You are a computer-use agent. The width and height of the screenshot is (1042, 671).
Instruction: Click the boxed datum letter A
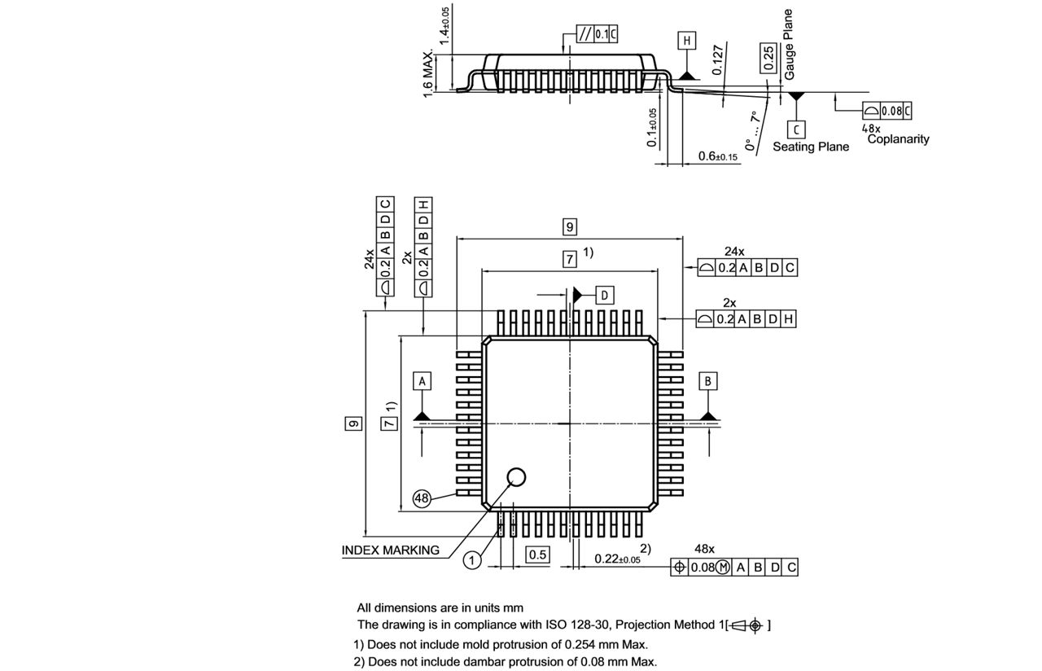point(422,381)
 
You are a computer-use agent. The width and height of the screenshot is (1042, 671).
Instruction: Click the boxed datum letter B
point(708,381)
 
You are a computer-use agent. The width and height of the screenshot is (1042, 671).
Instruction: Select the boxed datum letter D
point(604,295)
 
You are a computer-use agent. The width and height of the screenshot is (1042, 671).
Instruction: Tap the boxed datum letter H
point(687,41)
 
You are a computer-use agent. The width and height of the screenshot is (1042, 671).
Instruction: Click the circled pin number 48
point(422,499)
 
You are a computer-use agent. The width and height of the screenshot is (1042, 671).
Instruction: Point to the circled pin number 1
point(472,560)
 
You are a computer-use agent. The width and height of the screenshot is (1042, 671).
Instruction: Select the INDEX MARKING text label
point(391,550)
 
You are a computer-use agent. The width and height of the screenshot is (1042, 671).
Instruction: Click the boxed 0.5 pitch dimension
point(537,555)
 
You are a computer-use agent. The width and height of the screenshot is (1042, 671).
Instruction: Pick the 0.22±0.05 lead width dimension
point(617,559)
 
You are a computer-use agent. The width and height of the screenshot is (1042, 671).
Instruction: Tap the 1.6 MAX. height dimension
point(428,73)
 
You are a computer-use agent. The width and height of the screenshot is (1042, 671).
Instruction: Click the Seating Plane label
point(810,147)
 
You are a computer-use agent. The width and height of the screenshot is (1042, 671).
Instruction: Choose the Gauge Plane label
point(788,45)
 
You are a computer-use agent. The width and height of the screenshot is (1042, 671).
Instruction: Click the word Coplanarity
point(898,139)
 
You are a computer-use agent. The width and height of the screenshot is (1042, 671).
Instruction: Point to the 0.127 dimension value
point(717,59)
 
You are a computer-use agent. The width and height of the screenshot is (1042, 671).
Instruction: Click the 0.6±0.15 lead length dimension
point(717,156)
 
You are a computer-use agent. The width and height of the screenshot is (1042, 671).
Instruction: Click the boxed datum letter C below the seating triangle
point(797,129)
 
